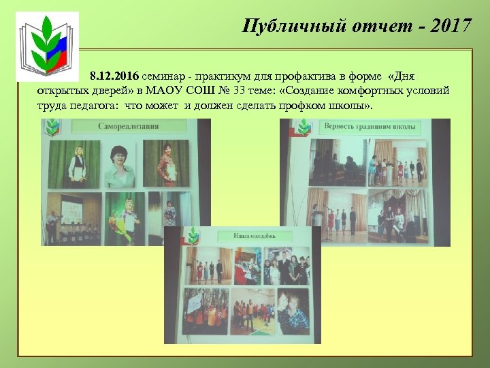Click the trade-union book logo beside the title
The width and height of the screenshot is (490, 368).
[x=47, y=43]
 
